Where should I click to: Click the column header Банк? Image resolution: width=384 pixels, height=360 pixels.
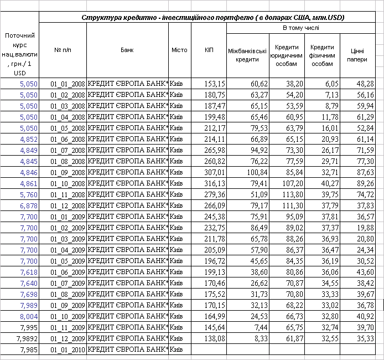[127, 50]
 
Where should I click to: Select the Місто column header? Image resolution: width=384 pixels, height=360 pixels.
[179, 50]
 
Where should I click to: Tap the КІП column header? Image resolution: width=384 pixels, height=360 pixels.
[209, 50]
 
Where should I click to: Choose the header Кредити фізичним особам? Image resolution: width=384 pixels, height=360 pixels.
[322, 55]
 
